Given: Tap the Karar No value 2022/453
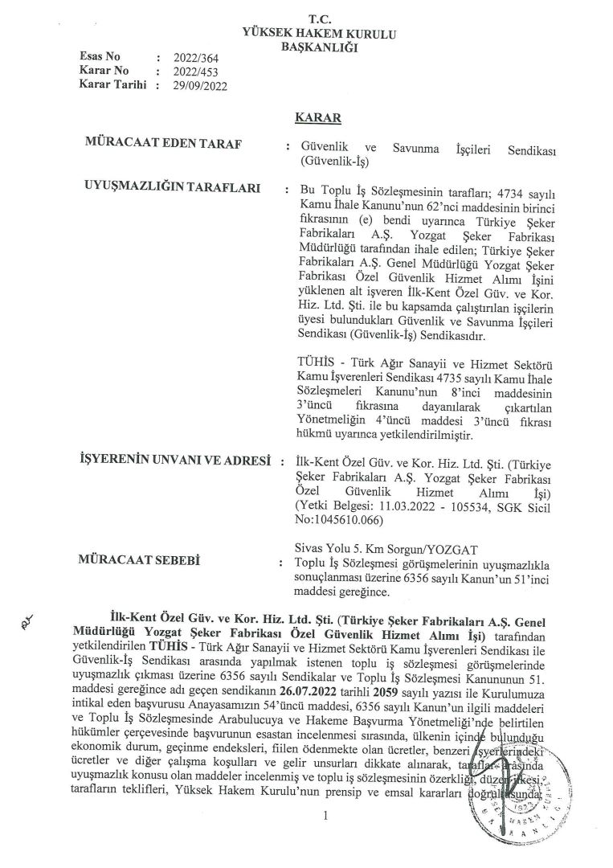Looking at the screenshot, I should pos(188,72).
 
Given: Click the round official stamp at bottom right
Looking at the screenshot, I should pos(505,820).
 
